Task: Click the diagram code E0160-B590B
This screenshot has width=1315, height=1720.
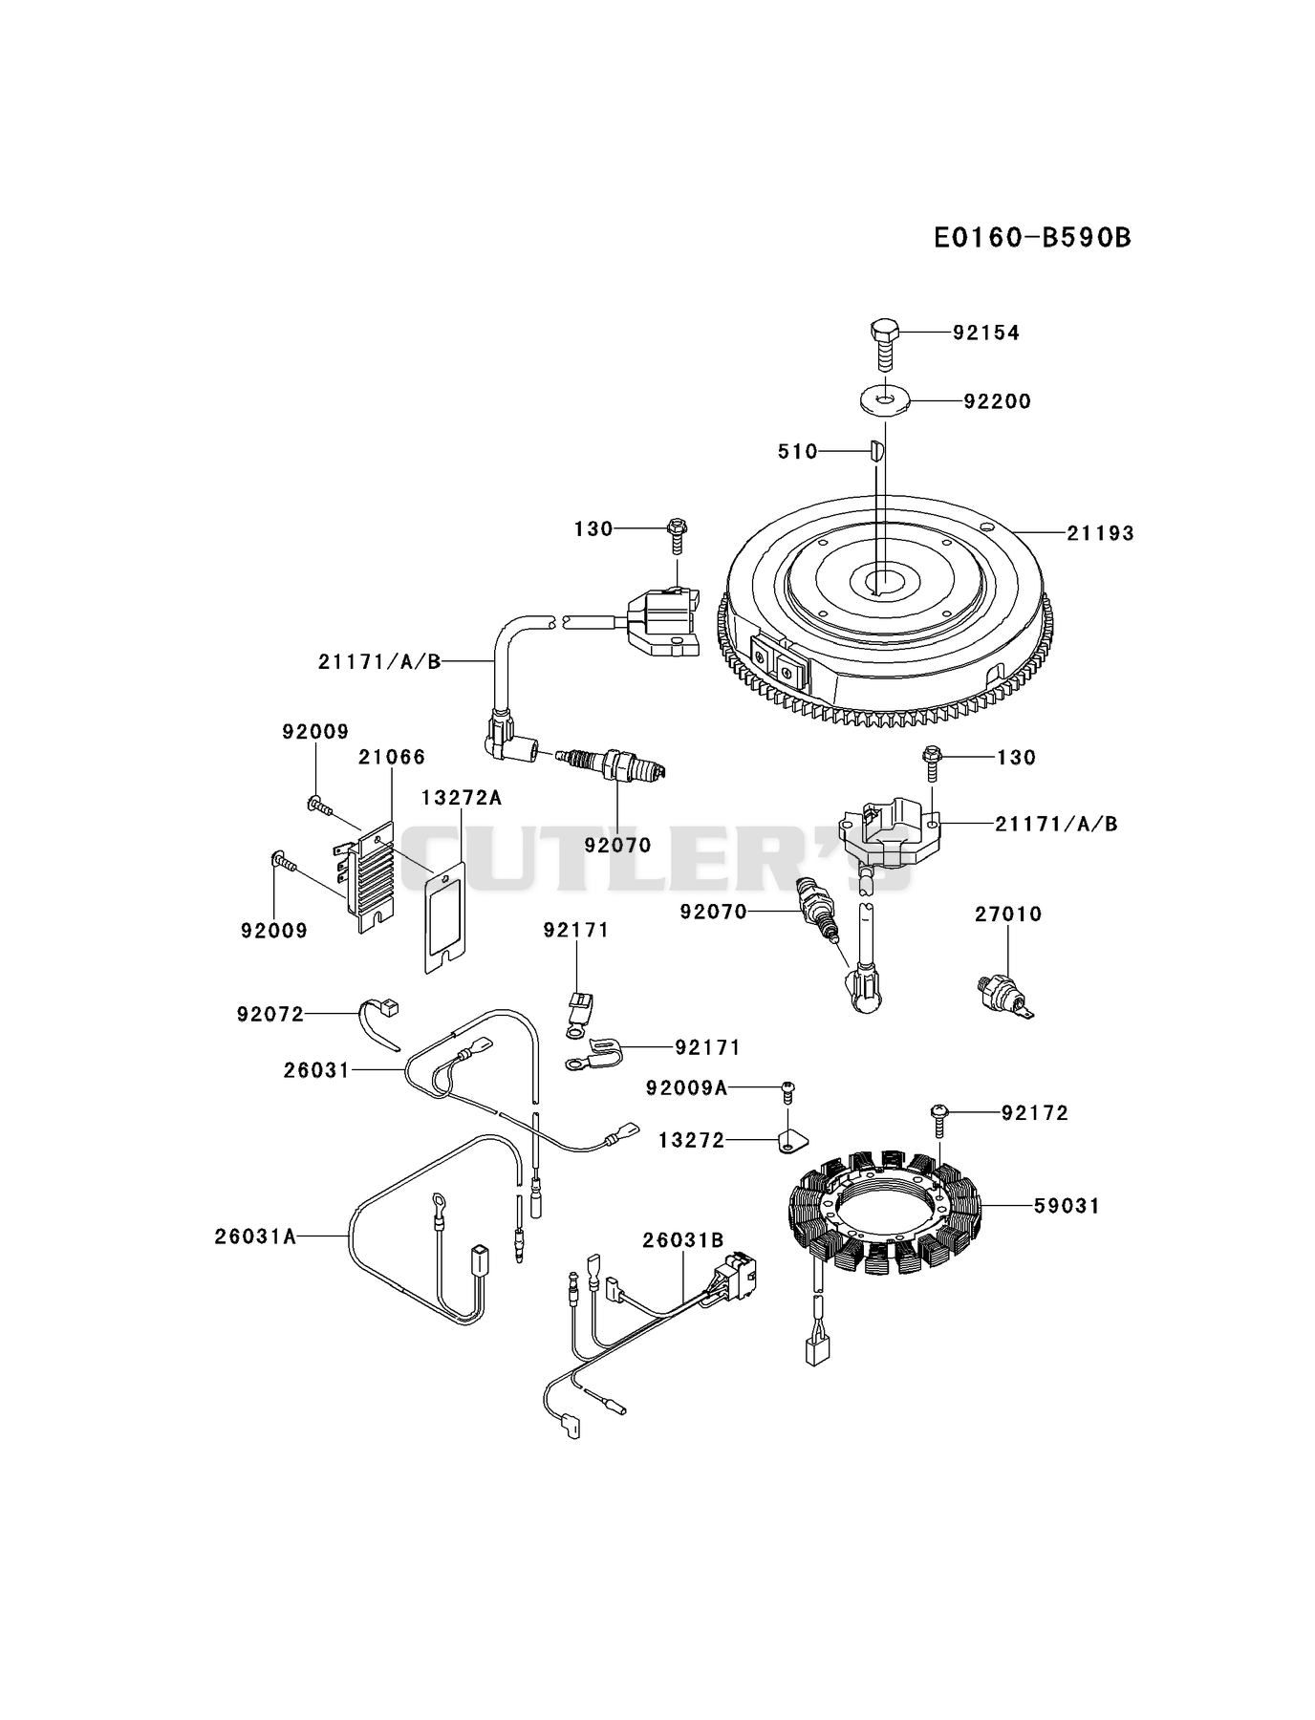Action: coord(1032,237)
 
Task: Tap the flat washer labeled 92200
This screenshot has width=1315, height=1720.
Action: coord(885,398)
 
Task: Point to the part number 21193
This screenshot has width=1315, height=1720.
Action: coord(1100,533)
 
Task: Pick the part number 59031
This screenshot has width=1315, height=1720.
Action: coord(1067,1207)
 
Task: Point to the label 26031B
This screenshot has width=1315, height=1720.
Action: coord(683,1240)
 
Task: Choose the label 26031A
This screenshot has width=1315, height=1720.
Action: coord(255,1236)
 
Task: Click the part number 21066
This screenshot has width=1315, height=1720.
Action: coord(392,758)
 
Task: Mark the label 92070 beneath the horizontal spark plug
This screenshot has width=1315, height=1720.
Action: coord(617,846)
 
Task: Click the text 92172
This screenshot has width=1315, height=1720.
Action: coord(1035,1113)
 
